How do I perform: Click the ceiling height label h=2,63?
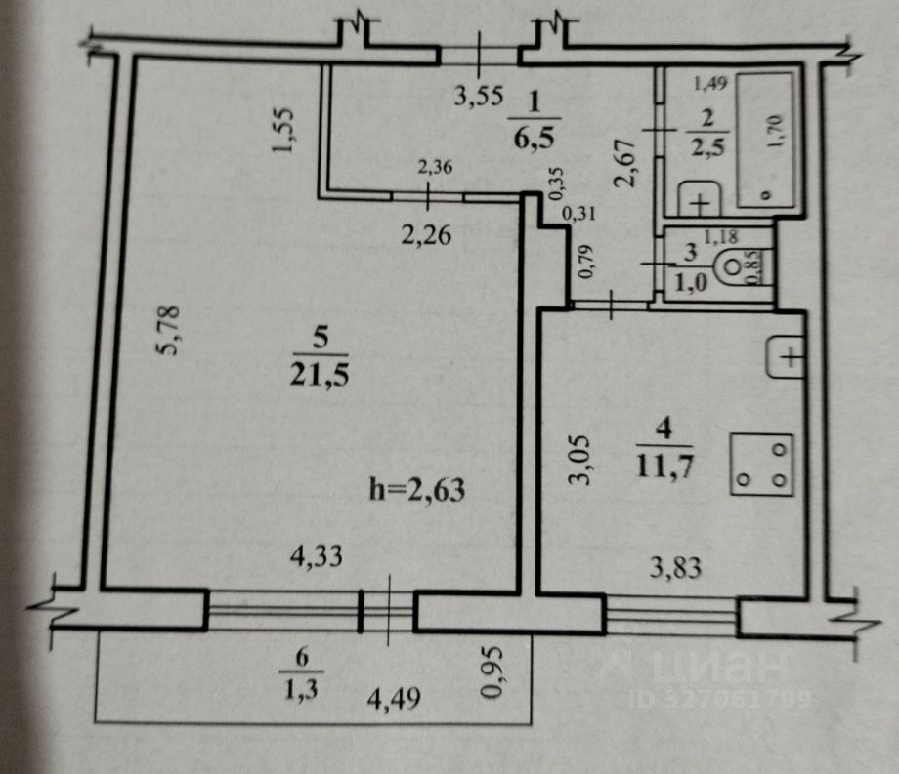[414, 489]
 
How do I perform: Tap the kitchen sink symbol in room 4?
[788, 358]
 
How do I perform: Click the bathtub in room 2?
[768, 137]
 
